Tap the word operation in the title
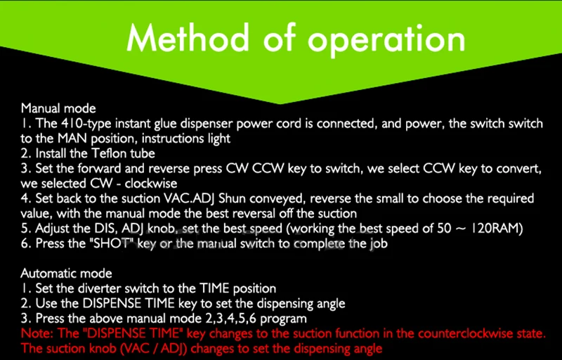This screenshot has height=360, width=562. [x=386, y=39]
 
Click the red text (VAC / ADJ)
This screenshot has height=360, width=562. [x=151, y=349]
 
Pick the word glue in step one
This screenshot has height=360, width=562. [x=166, y=124]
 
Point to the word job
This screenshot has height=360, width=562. [x=379, y=244]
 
